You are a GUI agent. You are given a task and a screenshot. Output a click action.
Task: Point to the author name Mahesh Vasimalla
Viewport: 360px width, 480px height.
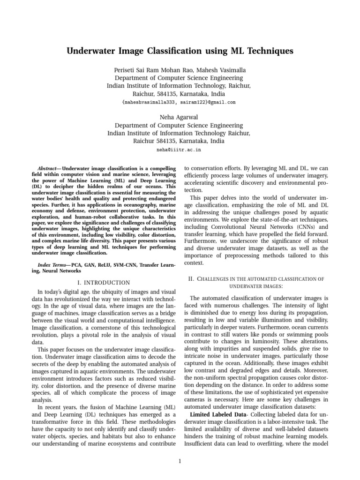219,70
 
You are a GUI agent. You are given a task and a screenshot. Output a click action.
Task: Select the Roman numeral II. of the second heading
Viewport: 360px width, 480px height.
191,278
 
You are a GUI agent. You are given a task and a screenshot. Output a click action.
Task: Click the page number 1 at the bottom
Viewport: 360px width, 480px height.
180,461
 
